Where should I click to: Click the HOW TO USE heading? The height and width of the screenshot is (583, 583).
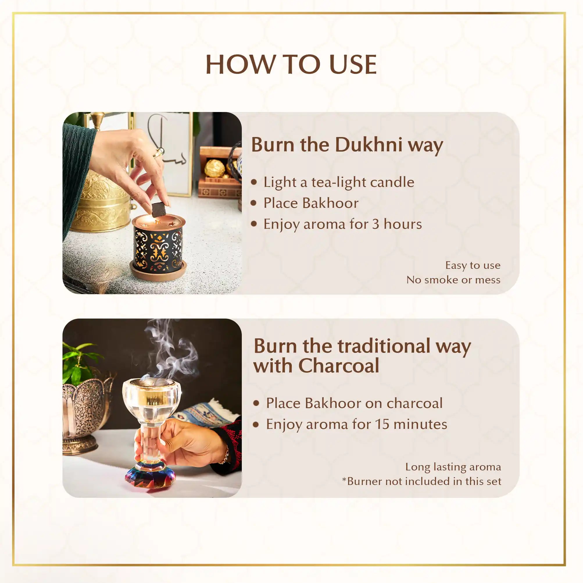click(x=291, y=64)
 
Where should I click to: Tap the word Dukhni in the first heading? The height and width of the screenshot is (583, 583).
click(x=369, y=145)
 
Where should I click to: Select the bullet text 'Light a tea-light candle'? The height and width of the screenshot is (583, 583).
click(x=339, y=182)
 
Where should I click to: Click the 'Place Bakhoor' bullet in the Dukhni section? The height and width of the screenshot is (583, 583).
click(x=311, y=203)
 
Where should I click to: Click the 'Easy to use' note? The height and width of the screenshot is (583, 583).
click(x=473, y=265)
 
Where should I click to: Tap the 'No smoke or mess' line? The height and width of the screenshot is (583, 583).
click(x=453, y=280)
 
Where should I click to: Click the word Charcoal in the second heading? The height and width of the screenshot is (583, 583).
click(x=339, y=366)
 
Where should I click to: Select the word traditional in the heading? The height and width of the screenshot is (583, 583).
click(x=384, y=346)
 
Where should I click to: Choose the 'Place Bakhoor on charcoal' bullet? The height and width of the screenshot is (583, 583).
click(x=354, y=403)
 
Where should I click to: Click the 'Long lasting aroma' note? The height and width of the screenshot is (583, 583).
click(x=453, y=467)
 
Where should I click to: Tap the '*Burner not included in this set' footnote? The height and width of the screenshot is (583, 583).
click(x=422, y=481)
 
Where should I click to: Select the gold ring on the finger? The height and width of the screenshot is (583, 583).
click(x=159, y=153)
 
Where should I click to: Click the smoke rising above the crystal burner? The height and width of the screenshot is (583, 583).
click(x=171, y=350)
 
